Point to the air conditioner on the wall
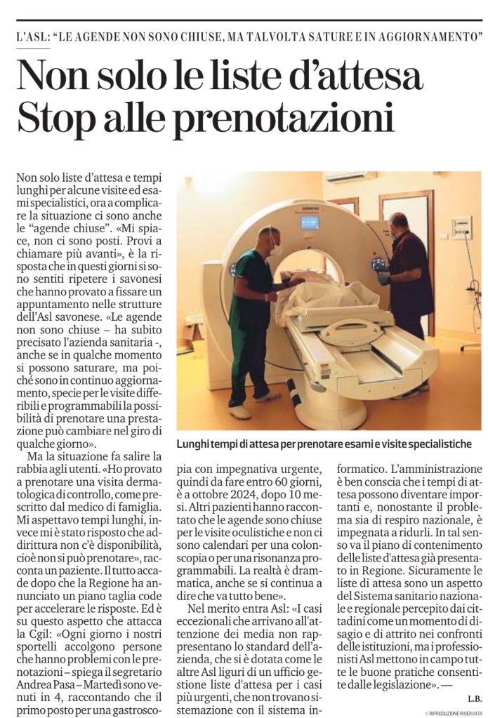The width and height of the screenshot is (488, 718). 350,178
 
